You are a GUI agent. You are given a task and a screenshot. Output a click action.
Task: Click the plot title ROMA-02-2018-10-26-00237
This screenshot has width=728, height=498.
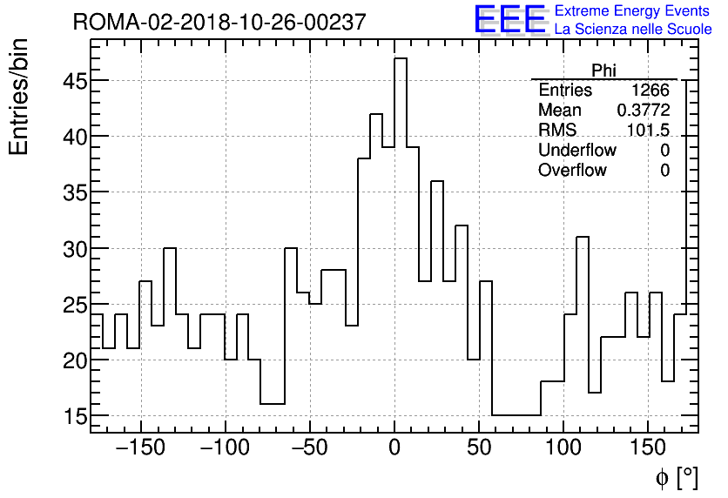pyautogui.click(x=219, y=23)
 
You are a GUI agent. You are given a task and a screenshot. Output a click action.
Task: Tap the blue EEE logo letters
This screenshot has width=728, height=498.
pyautogui.click(x=509, y=19)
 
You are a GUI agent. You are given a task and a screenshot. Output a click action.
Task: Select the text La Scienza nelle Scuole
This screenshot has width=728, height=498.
pyautogui.click(x=633, y=30)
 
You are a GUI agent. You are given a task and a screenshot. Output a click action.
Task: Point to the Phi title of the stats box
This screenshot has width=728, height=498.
pyautogui.click(x=603, y=71)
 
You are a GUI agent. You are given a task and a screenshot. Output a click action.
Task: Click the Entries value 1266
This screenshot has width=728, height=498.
pyautogui.click(x=650, y=91)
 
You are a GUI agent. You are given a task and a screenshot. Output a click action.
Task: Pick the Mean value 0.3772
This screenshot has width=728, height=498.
pyautogui.click(x=644, y=111)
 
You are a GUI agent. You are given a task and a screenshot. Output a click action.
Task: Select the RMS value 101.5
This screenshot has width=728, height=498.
pyautogui.click(x=648, y=131)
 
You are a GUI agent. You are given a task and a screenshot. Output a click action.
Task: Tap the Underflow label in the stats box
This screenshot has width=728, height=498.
pyautogui.click(x=576, y=150)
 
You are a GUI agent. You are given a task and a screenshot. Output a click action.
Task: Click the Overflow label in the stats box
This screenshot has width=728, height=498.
pyautogui.click(x=572, y=170)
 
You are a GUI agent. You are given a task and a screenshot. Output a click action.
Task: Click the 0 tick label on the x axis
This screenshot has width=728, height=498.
pyautogui.click(x=394, y=448)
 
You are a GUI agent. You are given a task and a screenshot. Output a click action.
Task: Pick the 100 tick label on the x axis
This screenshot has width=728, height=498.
pyautogui.click(x=563, y=448)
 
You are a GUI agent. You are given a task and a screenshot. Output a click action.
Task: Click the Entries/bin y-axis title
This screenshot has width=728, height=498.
pyautogui.click(x=19, y=97)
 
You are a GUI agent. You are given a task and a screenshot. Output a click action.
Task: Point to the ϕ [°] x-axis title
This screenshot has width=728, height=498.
pyautogui.click(x=677, y=477)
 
